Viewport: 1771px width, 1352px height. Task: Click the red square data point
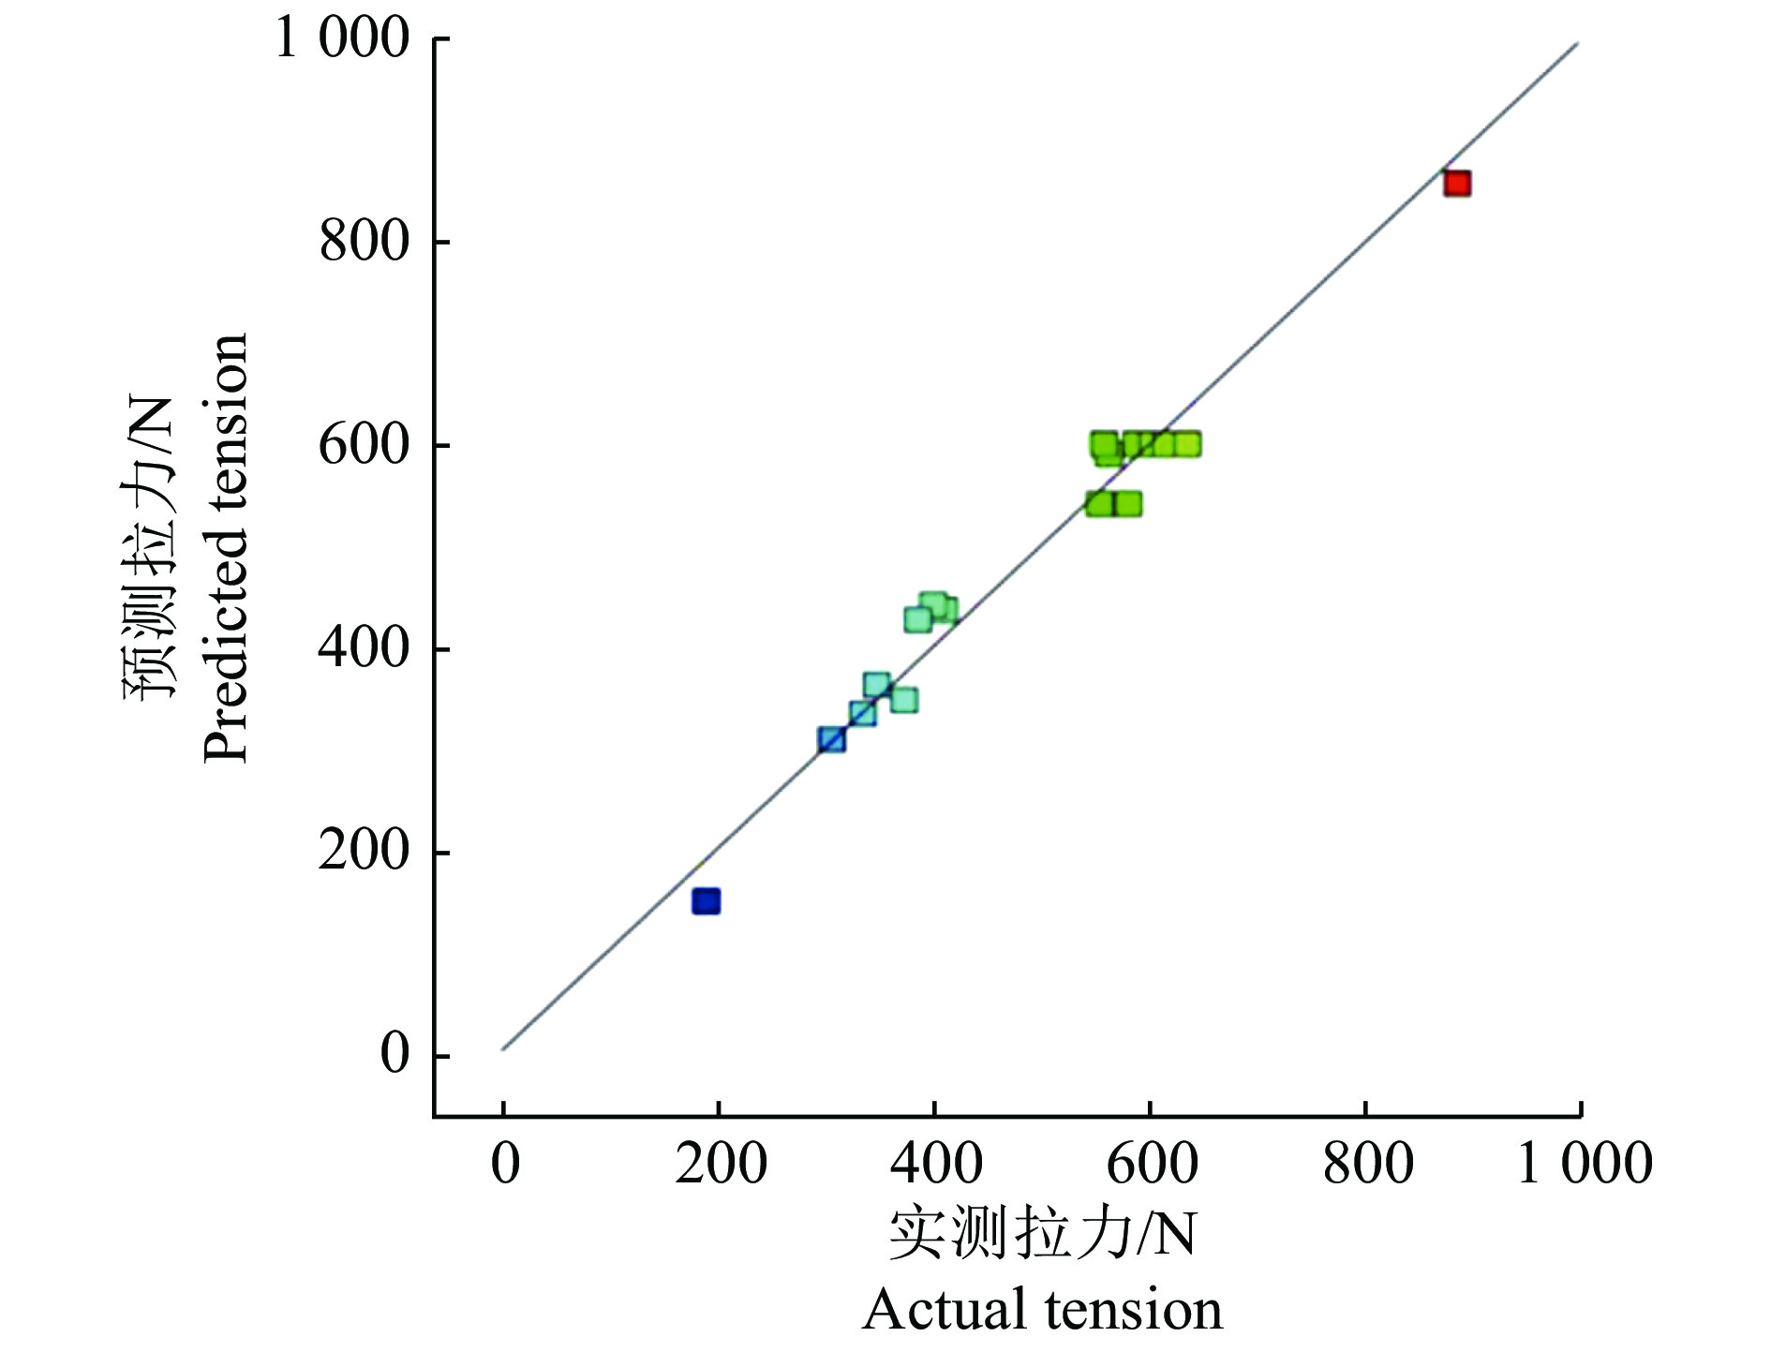point(1456,184)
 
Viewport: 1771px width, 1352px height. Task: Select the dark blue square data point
point(706,901)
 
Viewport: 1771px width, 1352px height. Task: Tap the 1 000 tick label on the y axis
point(342,39)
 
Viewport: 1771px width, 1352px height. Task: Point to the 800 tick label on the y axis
point(365,242)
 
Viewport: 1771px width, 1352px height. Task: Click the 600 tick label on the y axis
point(365,445)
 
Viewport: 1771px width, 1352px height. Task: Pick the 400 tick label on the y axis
point(365,648)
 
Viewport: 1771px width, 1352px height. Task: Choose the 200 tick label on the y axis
point(365,852)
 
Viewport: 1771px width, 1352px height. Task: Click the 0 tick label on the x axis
point(505,1165)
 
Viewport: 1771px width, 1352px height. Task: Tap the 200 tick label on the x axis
point(721,1165)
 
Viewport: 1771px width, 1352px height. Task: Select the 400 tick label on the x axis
point(936,1165)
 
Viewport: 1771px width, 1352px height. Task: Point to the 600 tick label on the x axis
point(1152,1165)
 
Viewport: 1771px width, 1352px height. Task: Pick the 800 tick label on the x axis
point(1367,1165)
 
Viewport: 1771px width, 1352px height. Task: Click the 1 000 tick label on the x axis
point(1584,1165)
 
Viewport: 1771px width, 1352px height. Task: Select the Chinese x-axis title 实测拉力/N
point(1042,1234)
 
